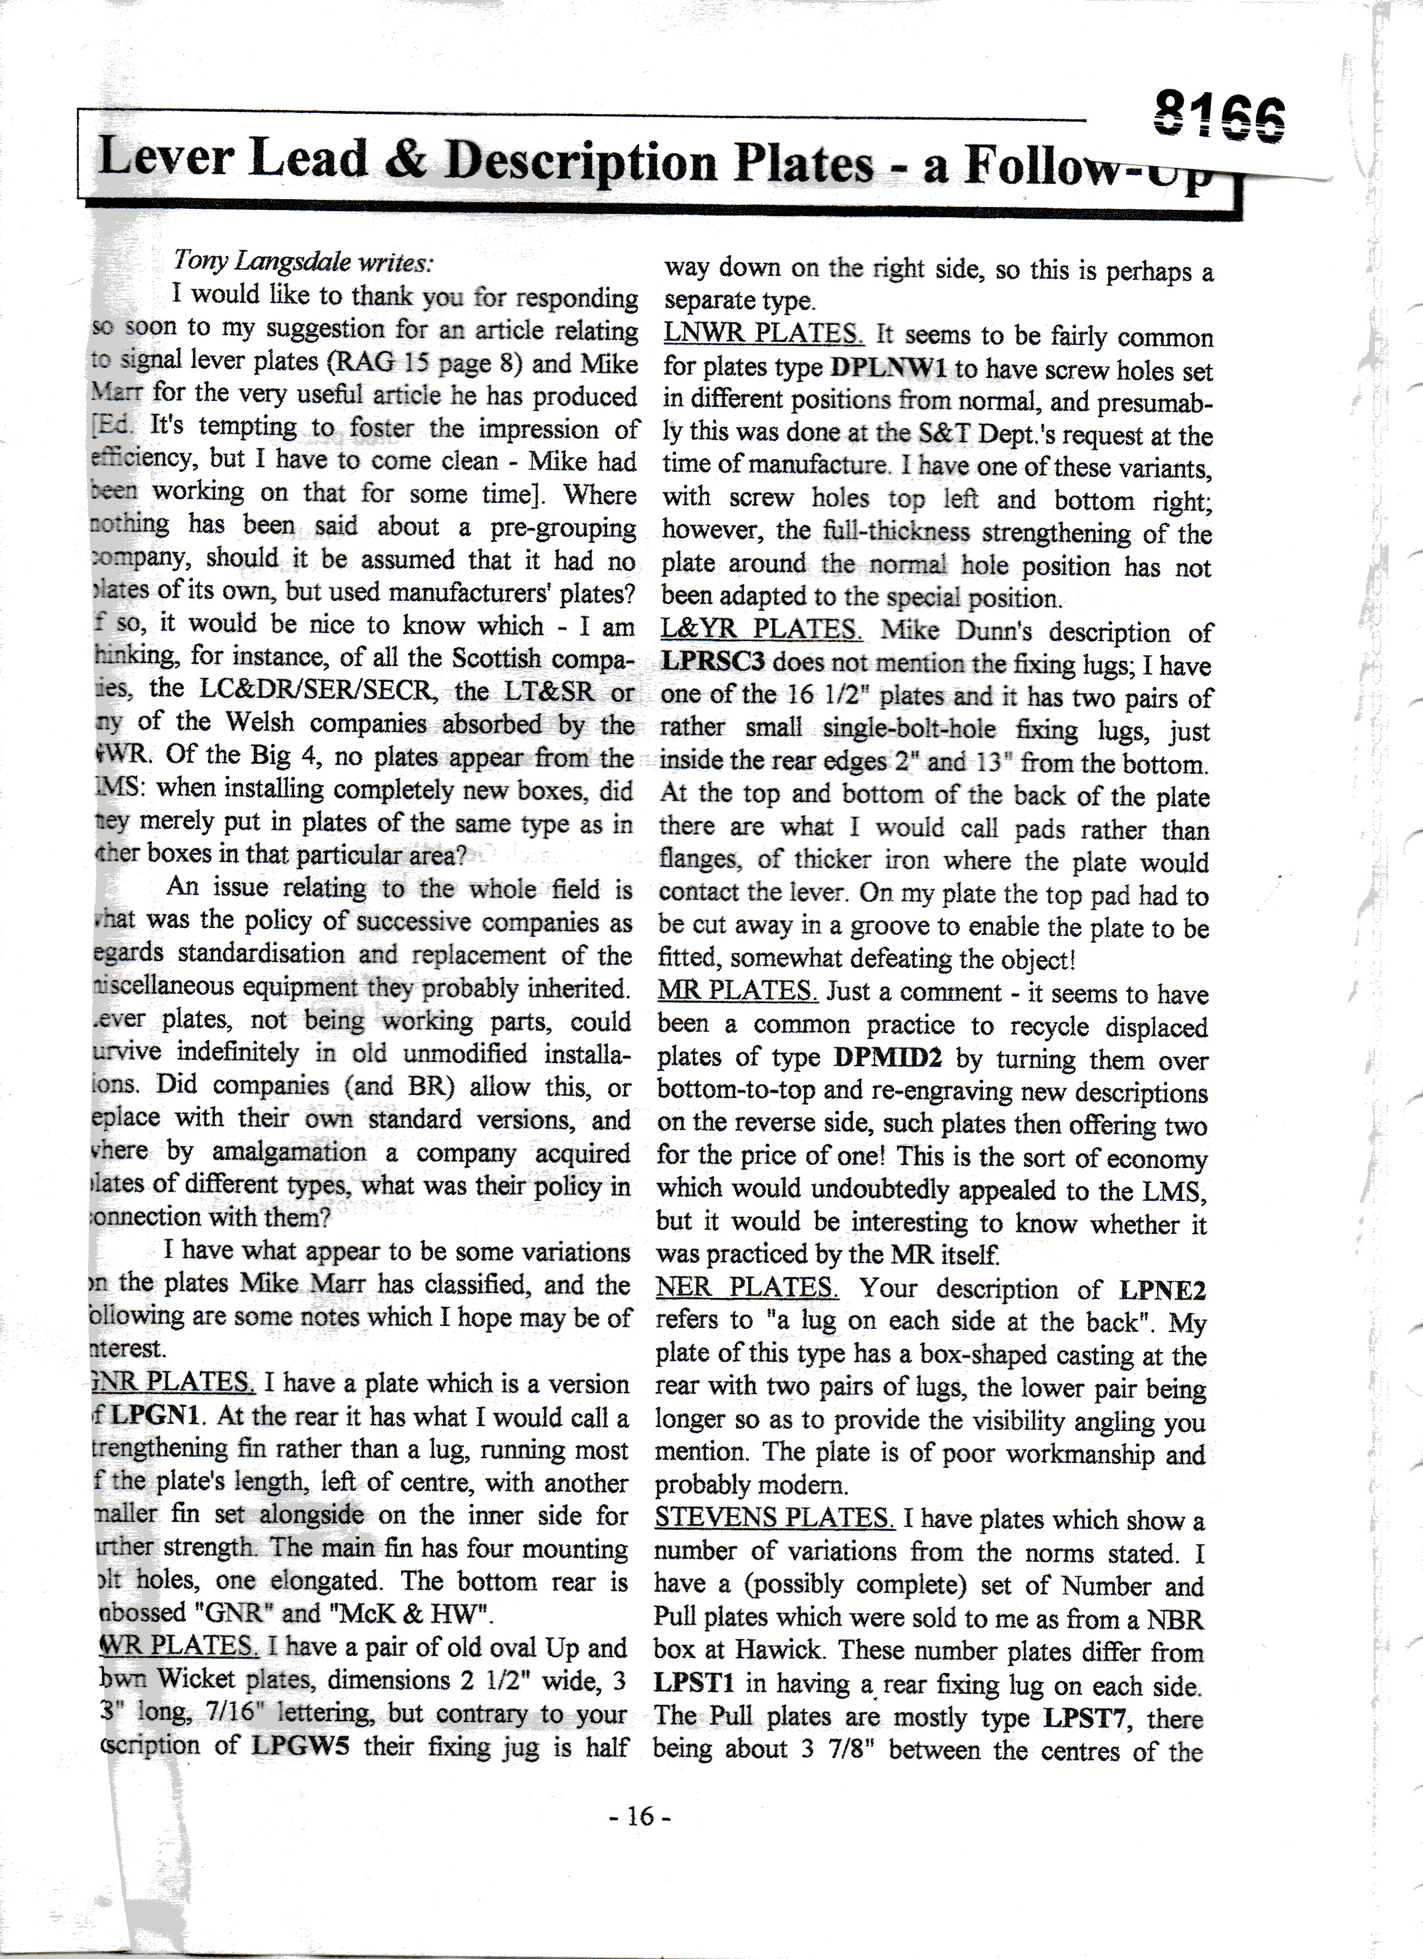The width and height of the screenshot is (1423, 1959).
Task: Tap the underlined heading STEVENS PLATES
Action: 775,1517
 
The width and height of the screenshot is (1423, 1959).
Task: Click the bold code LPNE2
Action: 1161,1290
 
